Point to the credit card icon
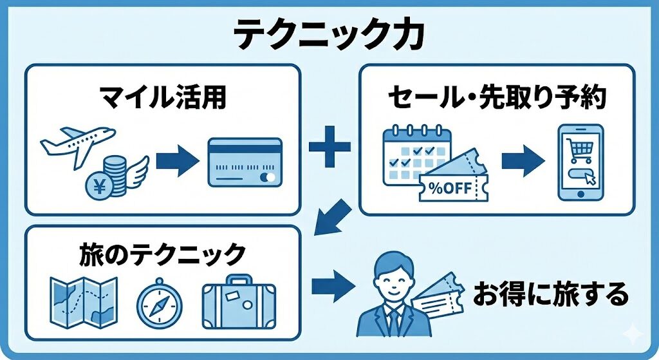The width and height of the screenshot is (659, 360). (x=245, y=162)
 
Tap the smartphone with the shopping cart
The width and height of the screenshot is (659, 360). (x=580, y=162)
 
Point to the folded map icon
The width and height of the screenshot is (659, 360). (x=83, y=303)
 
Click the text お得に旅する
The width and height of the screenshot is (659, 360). (x=550, y=295)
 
